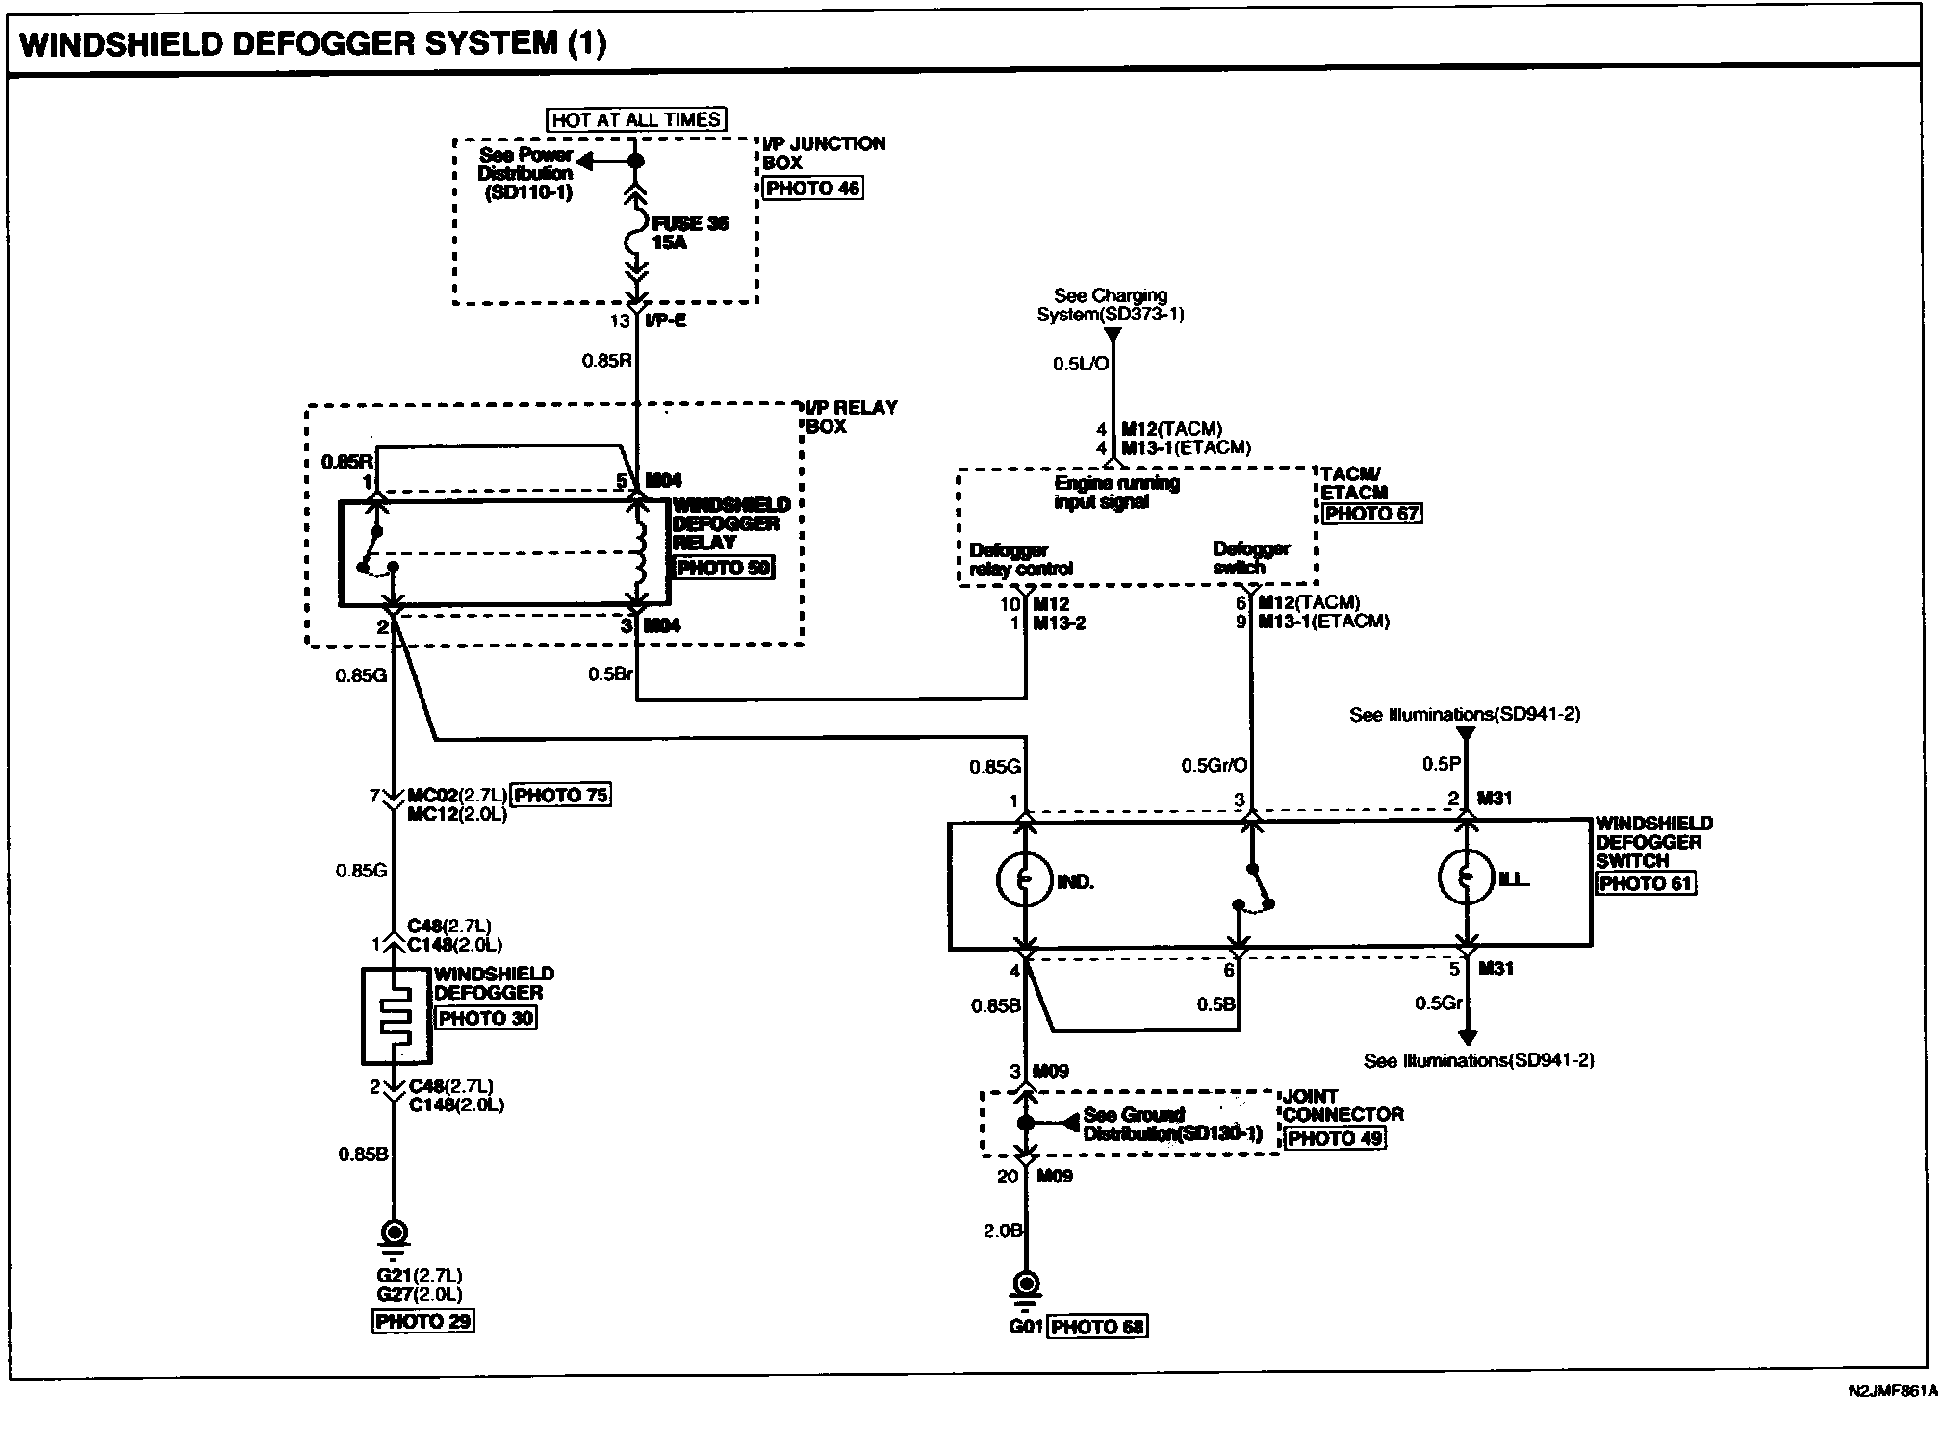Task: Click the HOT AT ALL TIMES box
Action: coord(637,119)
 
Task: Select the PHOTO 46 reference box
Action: coord(812,188)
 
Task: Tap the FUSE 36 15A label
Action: coord(690,233)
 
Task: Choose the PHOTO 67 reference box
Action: coord(1371,513)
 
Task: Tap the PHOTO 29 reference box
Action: coord(422,1321)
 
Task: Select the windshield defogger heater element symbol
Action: coord(396,1016)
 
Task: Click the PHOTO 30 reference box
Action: coord(485,1018)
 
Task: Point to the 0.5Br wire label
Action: coord(610,674)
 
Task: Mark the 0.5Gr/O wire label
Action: coord(1214,766)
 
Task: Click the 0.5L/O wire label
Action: coord(1081,364)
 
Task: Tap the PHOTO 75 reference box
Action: coord(560,795)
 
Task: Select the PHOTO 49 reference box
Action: coord(1335,1138)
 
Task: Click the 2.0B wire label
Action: coord(1003,1230)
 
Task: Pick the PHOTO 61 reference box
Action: coord(1645,883)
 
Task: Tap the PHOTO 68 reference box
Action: coord(1097,1327)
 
